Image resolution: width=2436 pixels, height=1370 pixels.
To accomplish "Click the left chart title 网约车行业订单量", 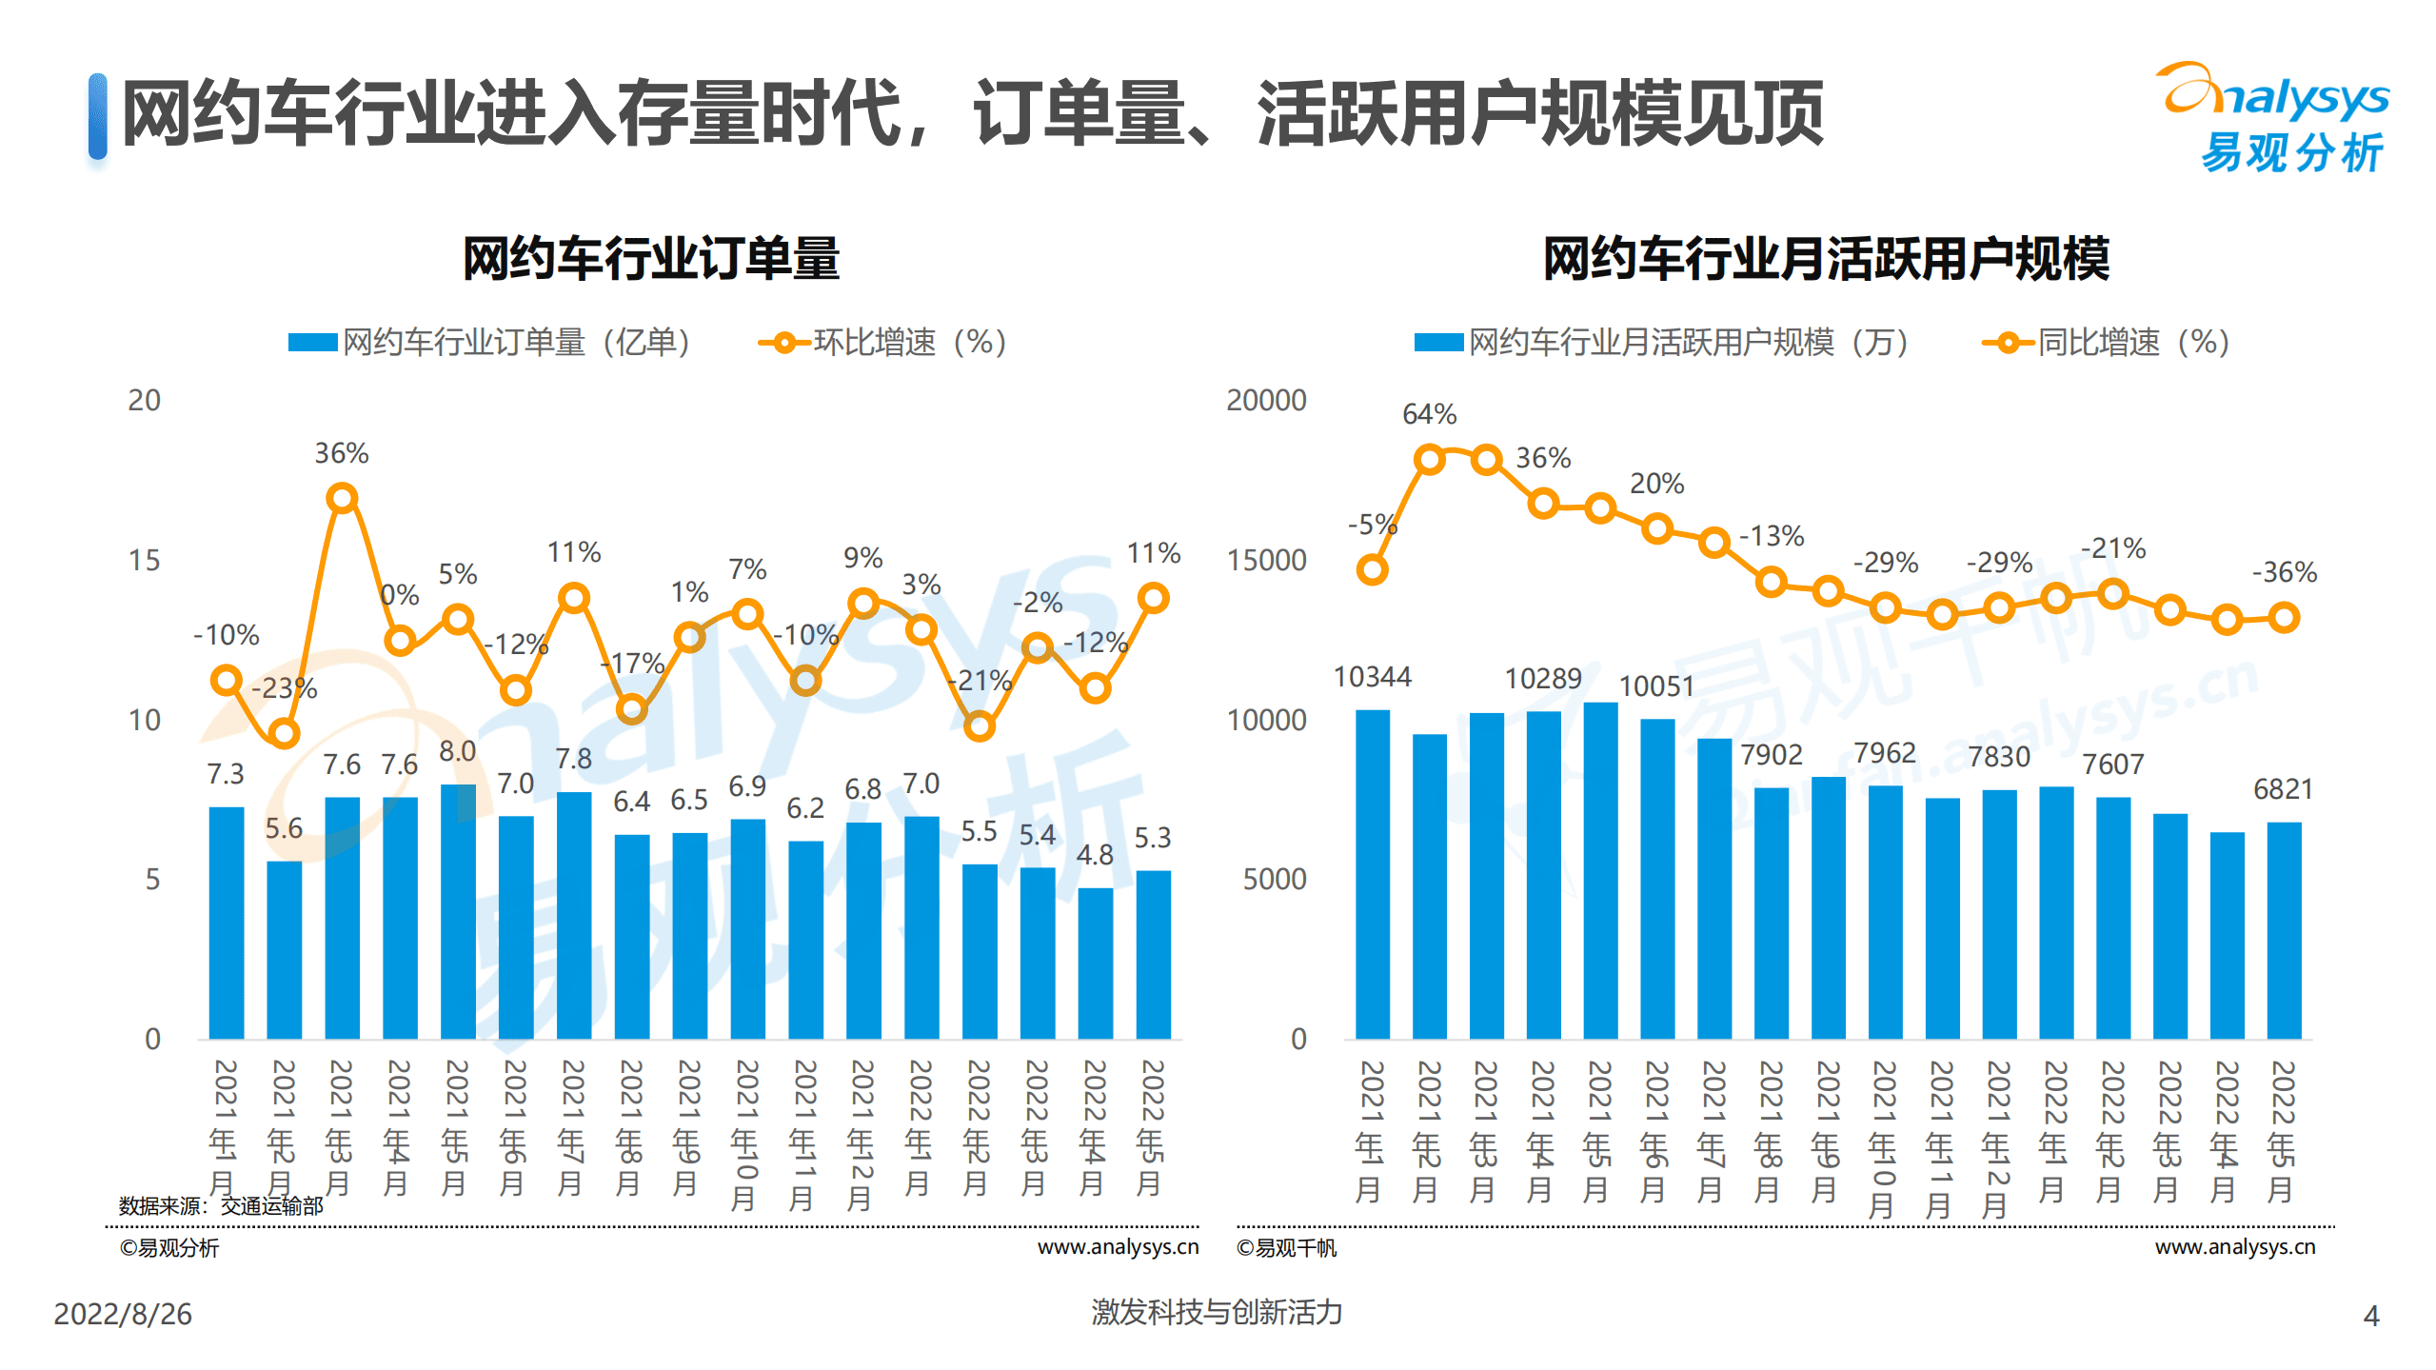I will click(650, 258).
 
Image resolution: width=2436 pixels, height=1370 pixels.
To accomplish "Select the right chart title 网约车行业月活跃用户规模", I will click(1825, 258).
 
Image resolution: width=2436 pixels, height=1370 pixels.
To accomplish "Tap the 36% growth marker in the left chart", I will click(342, 498).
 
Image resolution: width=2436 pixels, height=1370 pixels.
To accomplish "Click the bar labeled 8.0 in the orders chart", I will click(458, 910).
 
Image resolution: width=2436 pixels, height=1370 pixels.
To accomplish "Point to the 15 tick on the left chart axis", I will click(144, 560).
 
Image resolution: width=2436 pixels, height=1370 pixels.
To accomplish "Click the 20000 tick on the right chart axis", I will click(1265, 400).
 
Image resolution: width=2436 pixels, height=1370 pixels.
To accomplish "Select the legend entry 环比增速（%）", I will click(882, 342).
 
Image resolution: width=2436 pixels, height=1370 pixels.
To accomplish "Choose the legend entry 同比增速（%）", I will click(2106, 342).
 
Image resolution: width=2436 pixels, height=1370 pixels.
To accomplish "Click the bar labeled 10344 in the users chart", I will click(1372, 873).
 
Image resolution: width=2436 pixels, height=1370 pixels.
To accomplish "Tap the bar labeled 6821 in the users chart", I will click(2283, 929).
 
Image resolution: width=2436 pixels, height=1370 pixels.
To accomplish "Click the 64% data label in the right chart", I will click(1428, 414).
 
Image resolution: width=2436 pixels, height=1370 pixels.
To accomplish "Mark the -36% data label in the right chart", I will click(2283, 572).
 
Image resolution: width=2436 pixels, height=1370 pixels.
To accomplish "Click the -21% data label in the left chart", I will click(979, 680).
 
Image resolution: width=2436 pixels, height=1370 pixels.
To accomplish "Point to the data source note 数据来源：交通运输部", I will click(221, 1205).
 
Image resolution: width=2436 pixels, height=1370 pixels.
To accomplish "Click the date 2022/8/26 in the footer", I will click(123, 1314).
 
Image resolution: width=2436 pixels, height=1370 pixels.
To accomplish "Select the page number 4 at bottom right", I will click(2370, 1316).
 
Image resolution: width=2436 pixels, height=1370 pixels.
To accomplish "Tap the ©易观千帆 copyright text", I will click(1285, 1247).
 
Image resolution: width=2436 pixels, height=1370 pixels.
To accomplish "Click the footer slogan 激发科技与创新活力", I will click(1216, 1312).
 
